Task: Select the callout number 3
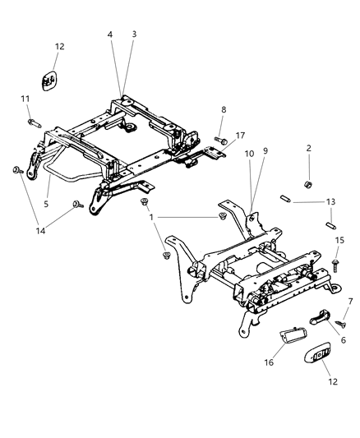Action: pos(134,35)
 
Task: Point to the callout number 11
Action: pos(24,100)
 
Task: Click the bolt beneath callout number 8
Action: pos(219,140)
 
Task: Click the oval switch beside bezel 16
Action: pos(320,354)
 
